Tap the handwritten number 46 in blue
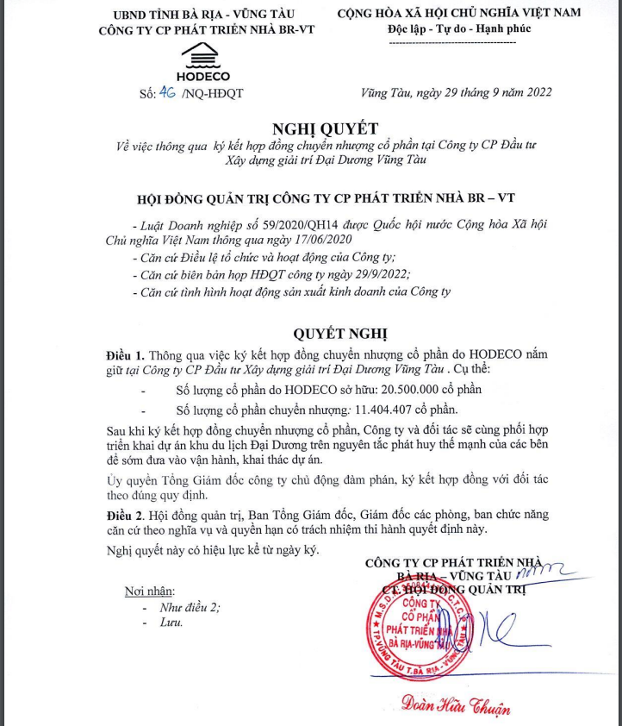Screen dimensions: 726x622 167,92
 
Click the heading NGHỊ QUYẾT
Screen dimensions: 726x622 326,128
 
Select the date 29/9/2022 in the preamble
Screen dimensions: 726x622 376,274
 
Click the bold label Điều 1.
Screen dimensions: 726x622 124,354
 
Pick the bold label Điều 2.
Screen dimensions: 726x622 124,514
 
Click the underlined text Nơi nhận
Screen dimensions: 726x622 149,591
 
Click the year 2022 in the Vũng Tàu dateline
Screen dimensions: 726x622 534,92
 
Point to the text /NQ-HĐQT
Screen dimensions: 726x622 212,93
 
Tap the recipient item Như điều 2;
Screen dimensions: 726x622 190,607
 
